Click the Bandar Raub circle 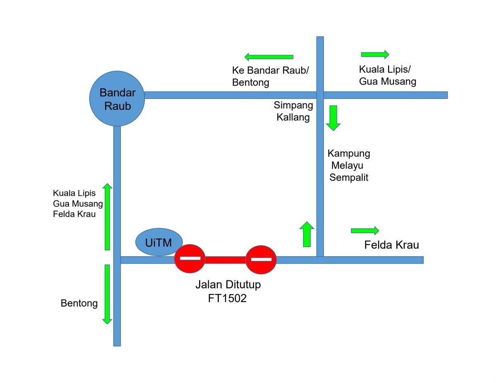(117, 98)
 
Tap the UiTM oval (158, 242)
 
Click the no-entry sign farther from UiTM (261, 259)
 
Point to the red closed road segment (225, 259)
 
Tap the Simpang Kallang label (293, 111)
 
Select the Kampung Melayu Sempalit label (348, 166)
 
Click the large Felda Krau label (391, 245)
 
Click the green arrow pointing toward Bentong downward (107, 294)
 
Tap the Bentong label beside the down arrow (79, 304)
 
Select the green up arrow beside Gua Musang (107, 217)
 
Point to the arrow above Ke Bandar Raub (269, 57)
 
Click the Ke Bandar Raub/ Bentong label (270, 76)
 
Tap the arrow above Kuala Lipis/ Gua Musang (375, 54)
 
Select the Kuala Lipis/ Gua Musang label (387, 75)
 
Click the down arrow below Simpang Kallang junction (333, 118)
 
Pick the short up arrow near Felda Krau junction (306, 234)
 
